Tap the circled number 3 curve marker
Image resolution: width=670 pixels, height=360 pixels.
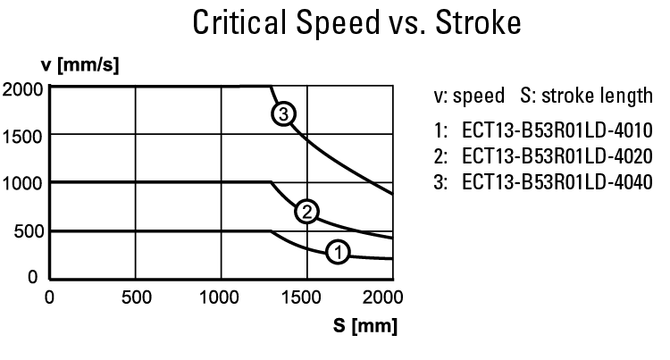[284, 114]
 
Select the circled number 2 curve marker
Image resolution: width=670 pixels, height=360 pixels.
[306, 212]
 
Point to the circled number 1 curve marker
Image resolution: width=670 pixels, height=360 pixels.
[337, 253]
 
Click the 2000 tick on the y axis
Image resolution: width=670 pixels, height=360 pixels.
[21, 88]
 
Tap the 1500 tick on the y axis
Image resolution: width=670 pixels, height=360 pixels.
[21, 135]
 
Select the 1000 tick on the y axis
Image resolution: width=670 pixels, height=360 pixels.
[21, 183]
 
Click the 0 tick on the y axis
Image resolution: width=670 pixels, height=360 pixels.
[35, 278]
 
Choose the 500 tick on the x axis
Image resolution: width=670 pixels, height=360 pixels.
[135, 297]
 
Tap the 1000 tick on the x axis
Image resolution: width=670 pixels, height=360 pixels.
[220, 297]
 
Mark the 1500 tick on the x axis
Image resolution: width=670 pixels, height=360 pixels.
[306, 297]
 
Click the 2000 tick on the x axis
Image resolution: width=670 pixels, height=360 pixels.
[386, 297]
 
